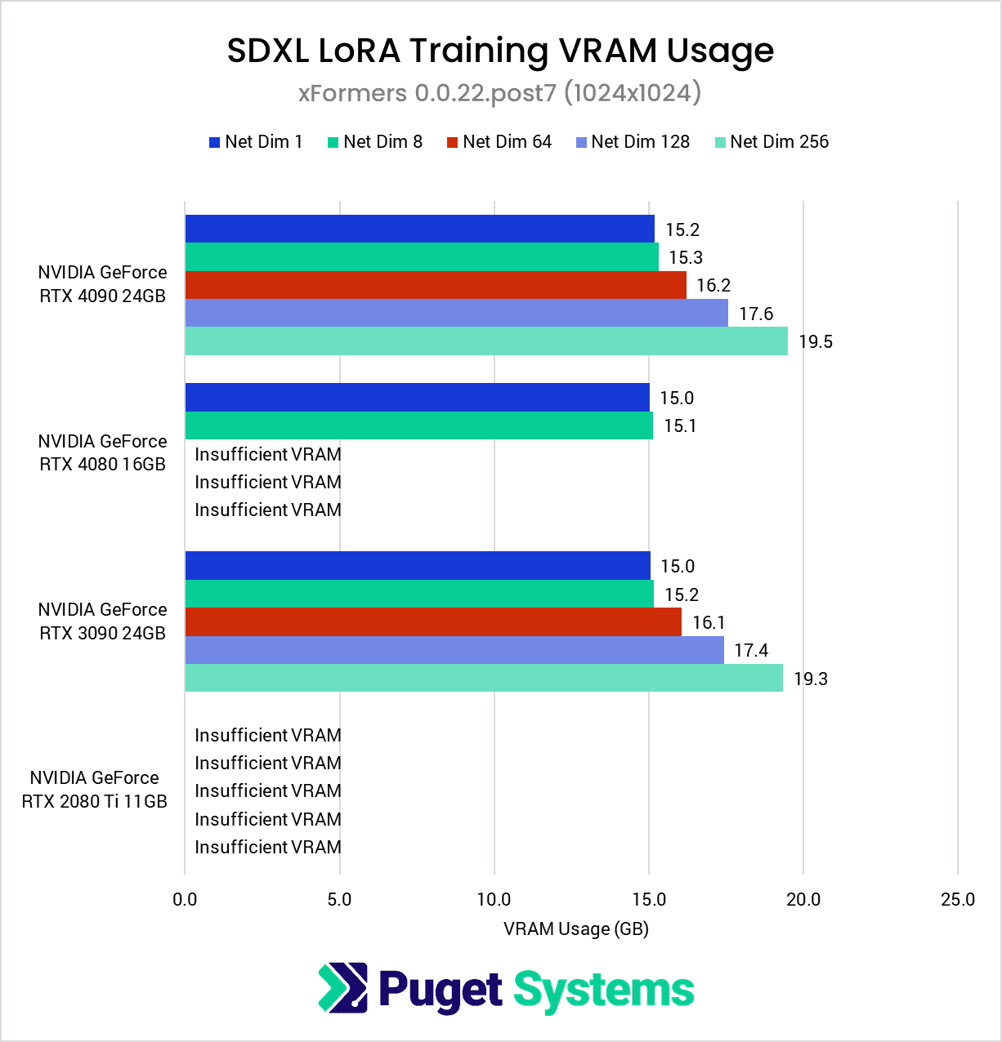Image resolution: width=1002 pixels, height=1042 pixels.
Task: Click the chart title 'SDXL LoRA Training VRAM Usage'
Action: tap(500, 51)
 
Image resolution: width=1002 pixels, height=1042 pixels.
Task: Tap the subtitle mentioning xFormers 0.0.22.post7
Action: tap(500, 93)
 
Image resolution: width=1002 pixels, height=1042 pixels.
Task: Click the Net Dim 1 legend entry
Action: tap(256, 142)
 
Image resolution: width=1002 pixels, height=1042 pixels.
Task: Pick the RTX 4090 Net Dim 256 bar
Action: tap(486, 341)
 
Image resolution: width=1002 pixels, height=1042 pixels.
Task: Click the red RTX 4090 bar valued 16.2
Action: tap(436, 285)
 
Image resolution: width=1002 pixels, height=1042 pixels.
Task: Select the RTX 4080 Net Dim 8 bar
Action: tap(418, 425)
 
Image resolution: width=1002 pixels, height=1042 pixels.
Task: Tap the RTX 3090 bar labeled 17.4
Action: tap(454, 650)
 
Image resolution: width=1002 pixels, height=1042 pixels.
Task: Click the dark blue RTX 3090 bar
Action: tap(418, 566)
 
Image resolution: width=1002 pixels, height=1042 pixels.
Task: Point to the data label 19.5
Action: tap(816, 342)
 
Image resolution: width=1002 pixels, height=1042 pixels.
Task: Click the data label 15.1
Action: tap(680, 426)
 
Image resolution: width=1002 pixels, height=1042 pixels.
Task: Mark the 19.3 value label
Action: tap(811, 679)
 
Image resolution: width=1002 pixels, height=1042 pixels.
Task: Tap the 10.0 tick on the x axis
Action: tap(494, 900)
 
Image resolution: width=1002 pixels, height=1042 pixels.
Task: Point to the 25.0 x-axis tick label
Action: tap(958, 900)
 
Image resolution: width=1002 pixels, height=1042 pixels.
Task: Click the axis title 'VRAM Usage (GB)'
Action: tap(575, 929)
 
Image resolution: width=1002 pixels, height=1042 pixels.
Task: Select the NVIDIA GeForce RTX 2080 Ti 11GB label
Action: tap(95, 790)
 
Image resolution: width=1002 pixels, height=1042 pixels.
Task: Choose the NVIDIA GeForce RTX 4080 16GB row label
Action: tap(102, 453)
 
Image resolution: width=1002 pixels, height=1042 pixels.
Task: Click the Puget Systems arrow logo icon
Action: tap(342, 988)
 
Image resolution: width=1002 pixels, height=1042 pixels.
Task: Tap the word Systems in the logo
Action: tap(603, 991)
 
